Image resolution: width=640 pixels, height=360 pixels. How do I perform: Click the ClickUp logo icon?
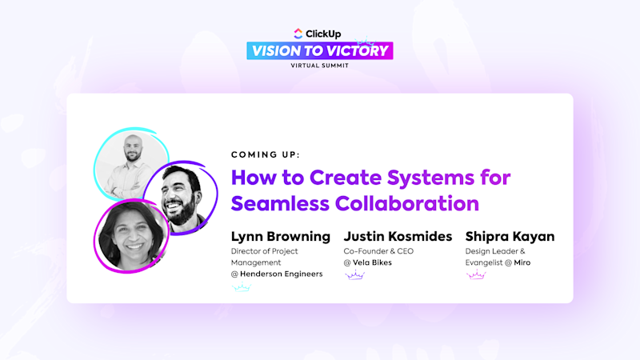299,33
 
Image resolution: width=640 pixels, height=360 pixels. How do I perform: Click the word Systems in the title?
426,177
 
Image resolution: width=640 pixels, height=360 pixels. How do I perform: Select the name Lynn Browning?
280,236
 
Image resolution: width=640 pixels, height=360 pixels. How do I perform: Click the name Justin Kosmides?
398,236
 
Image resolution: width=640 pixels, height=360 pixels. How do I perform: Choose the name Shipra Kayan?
510,236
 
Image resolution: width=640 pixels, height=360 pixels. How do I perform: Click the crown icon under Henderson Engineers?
241,286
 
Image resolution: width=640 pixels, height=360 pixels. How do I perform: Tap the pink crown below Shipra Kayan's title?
476,275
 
